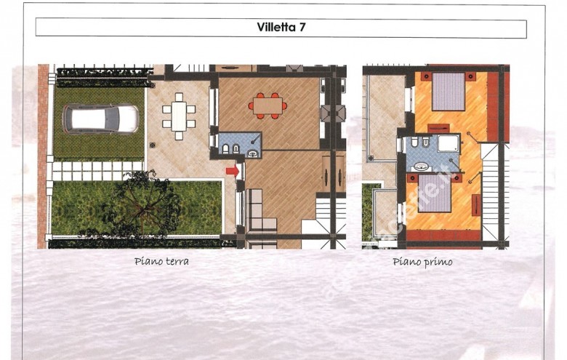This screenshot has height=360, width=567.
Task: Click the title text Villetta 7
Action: click(x=281, y=28)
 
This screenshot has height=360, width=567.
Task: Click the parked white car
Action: click(x=100, y=119)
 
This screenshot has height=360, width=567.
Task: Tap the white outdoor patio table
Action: click(x=179, y=116)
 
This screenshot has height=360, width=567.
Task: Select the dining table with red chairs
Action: click(x=267, y=106)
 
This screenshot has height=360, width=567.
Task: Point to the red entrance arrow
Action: click(x=232, y=171)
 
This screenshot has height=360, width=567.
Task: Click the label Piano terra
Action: click(x=161, y=262)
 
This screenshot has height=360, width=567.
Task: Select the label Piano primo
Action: click(x=422, y=262)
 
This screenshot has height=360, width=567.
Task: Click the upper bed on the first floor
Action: click(x=448, y=91)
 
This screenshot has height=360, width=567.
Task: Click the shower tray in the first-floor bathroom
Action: click(x=443, y=142)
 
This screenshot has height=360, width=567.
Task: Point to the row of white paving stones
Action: click(x=94, y=172)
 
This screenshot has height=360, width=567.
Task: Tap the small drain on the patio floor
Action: click(x=152, y=145)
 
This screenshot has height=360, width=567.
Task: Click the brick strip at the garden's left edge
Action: click(x=43, y=156)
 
